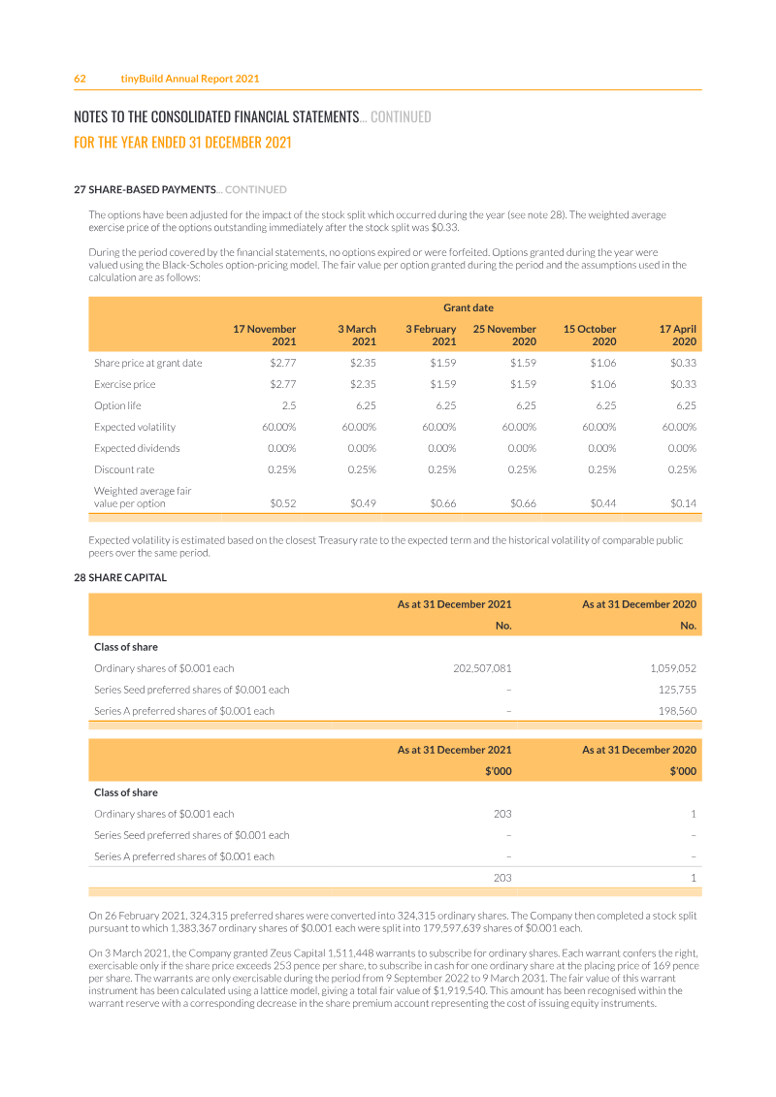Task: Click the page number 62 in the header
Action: tap(81, 79)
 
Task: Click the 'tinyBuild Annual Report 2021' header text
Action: tap(190, 79)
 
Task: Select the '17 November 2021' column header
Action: tap(265, 336)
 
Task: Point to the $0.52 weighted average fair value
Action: tap(283, 503)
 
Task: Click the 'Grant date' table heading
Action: tap(469, 307)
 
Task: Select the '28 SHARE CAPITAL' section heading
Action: tap(120, 577)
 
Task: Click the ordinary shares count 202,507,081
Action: tap(482, 668)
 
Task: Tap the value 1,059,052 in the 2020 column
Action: tap(673, 668)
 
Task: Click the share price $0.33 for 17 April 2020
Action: tap(683, 363)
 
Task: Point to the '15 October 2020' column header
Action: tap(590, 336)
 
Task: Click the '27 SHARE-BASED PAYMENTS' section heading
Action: tap(145, 189)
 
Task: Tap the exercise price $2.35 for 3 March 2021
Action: tap(363, 384)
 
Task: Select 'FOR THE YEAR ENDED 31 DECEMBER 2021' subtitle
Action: tap(182, 142)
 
